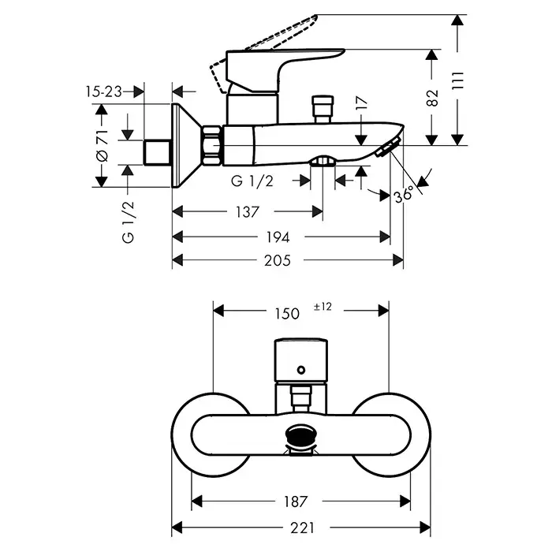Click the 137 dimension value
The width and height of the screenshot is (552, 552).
(247, 212)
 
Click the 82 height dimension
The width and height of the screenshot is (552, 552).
(432, 97)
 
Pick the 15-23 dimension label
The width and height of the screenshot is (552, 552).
(103, 91)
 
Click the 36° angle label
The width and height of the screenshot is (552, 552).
(404, 195)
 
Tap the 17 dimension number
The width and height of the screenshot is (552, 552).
(361, 103)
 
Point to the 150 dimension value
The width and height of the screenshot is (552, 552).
(287, 312)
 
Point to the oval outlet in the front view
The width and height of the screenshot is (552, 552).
(301, 434)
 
